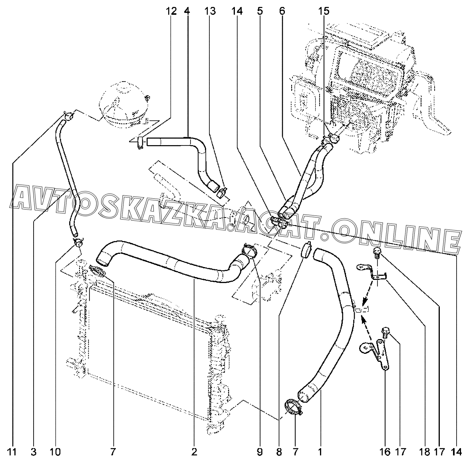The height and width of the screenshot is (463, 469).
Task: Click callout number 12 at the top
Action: point(171,11)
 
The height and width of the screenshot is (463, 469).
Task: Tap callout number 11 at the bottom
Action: point(12,452)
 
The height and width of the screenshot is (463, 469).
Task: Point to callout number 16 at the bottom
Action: point(385,452)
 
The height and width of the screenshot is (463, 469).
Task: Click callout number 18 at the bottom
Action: point(424,452)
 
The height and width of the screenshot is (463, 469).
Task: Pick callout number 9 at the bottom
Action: point(259,452)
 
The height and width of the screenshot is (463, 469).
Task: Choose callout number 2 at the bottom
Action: point(194,452)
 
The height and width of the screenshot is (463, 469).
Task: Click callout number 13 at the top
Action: point(210,11)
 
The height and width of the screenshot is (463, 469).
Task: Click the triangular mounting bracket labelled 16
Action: point(374,353)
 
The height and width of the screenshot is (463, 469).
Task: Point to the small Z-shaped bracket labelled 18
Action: point(372,272)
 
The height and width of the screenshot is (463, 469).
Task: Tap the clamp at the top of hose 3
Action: point(69,116)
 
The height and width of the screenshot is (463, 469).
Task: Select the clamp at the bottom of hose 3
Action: point(78,242)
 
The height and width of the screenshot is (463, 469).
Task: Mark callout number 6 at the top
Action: point(282,11)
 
